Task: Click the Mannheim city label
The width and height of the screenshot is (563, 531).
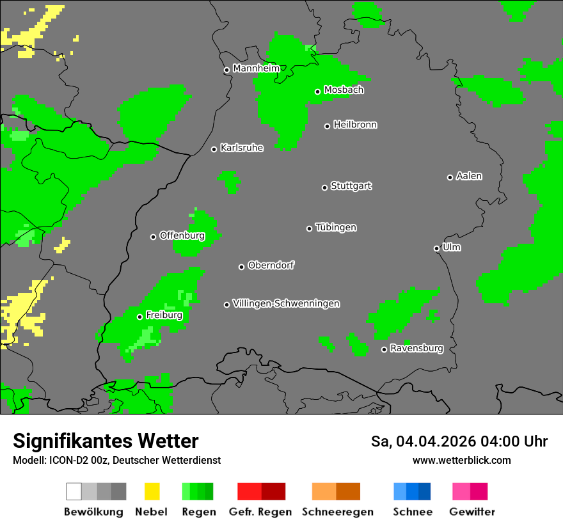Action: pyautogui.click(x=256, y=68)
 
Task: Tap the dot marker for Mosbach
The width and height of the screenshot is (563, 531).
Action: pyautogui.click(x=317, y=91)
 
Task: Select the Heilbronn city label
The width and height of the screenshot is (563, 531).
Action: pyautogui.click(x=355, y=125)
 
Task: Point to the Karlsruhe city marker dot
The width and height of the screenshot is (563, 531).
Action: pyautogui.click(x=214, y=149)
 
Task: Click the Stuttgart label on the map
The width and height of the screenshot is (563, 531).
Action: pyautogui.click(x=351, y=186)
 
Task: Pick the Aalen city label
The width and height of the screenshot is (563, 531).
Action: pyautogui.click(x=469, y=176)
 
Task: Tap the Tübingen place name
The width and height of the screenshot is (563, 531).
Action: pyautogui.click(x=336, y=228)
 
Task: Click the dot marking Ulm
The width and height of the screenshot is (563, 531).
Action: pyautogui.click(x=437, y=248)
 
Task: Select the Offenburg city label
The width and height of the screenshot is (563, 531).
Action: pyautogui.click(x=182, y=235)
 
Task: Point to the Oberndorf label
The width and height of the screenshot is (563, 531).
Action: pyautogui.click(x=271, y=265)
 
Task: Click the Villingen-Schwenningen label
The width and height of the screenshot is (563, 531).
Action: pyautogui.click(x=286, y=303)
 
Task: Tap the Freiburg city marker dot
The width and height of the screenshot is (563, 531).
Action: pyautogui.click(x=139, y=317)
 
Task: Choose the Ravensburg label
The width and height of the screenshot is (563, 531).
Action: pyautogui.click(x=416, y=349)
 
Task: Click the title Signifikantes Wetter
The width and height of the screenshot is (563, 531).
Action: pyautogui.click(x=106, y=441)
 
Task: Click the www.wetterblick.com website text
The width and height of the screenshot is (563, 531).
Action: pyautogui.click(x=461, y=460)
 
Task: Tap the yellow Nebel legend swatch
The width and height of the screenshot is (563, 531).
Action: pyautogui.click(x=152, y=491)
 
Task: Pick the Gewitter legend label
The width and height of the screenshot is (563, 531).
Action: pyautogui.click(x=472, y=512)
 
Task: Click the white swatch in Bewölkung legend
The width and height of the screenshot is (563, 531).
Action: pyautogui.click(x=74, y=491)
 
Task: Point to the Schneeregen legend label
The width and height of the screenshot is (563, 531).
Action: pyautogui.click(x=337, y=512)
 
